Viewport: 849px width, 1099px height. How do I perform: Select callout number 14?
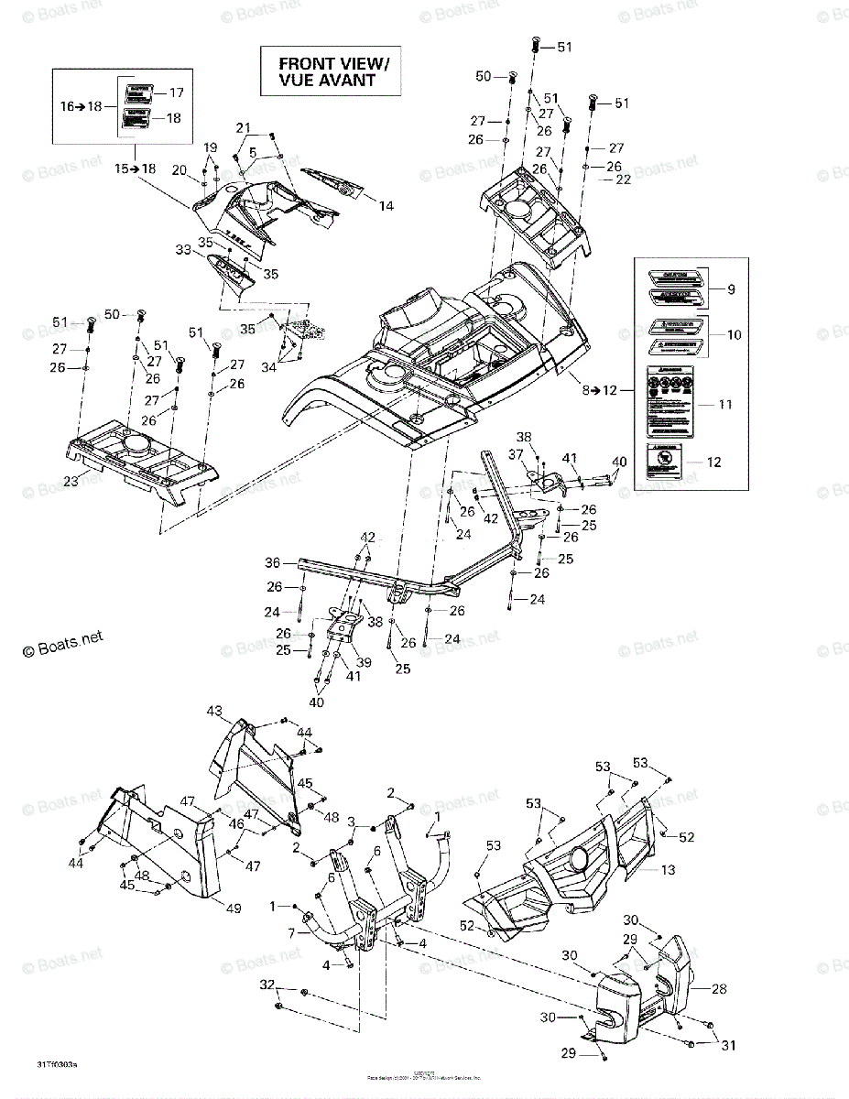(x=386, y=206)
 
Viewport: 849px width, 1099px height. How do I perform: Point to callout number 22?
(x=624, y=180)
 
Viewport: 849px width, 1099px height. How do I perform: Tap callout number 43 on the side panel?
(x=214, y=712)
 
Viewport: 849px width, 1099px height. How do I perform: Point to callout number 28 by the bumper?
(x=718, y=989)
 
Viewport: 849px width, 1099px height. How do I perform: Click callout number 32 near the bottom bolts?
(x=267, y=985)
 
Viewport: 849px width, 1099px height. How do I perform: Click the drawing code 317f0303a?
(x=58, y=1063)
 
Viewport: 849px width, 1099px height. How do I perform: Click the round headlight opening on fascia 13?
(x=579, y=861)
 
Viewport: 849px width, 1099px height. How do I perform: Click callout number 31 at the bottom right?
(x=730, y=1046)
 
